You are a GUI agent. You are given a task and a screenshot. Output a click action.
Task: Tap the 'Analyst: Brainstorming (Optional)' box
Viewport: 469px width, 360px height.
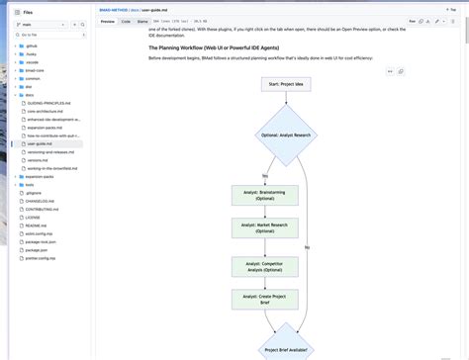click(x=264, y=195)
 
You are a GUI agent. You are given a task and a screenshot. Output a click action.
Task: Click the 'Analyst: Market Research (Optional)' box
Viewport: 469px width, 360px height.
click(x=264, y=229)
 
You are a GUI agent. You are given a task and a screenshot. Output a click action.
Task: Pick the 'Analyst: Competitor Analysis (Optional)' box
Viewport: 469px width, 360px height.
click(x=264, y=266)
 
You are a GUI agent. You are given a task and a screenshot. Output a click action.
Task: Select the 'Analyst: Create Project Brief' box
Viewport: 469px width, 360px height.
click(x=264, y=300)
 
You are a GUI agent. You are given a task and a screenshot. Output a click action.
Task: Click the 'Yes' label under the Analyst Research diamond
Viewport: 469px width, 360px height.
click(x=265, y=175)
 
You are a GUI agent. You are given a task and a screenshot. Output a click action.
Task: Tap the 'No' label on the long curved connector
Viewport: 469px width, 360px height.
click(x=307, y=246)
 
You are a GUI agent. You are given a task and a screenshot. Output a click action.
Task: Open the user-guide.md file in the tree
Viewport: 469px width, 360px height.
click(x=41, y=143)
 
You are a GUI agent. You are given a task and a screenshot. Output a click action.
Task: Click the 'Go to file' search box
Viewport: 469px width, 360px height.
click(x=49, y=34)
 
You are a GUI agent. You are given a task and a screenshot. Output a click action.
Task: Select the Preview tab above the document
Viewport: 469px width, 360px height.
click(x=107, y=20)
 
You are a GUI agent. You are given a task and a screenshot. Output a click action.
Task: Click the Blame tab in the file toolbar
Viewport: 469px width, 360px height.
click(x=142, y=20)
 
